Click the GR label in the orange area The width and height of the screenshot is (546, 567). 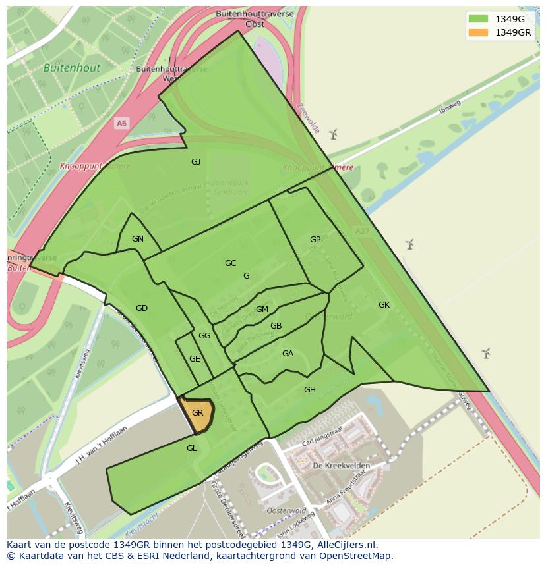pos(197,413)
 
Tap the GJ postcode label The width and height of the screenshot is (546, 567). pos(196,162)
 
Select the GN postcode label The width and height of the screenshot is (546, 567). pos(138,239)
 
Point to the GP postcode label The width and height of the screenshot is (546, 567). pos(315,240)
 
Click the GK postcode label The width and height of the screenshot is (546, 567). pos(384,305)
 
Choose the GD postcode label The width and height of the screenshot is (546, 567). pos(142,308)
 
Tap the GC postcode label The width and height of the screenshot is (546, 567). pos(230,263)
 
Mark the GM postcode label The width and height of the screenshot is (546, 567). pos(262,310)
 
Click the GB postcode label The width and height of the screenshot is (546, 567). pos(276,326)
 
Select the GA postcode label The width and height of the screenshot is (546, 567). pos(288,354)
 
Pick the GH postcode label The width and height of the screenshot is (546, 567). pos(310,390)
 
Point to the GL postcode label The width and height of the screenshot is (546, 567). pos(192,448)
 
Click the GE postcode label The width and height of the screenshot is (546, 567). pos(195,359)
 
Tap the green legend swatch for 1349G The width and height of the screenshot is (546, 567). pos(479,19)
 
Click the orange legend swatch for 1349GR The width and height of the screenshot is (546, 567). pos(479,32)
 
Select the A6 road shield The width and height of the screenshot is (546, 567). pos(121,123)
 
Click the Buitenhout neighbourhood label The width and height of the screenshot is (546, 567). pos(72,68)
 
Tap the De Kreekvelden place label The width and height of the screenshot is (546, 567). pos(342,466)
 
